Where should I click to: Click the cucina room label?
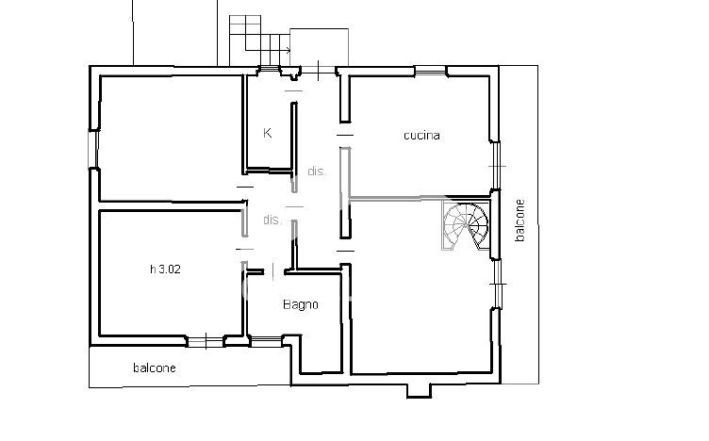point(421,135)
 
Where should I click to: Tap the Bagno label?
point(300,305)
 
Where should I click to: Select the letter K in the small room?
point(267,133)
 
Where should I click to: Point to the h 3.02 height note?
point(165,269)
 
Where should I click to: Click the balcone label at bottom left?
point(155,367)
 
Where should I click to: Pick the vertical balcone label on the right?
point(520,220)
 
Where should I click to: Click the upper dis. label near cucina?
point(317,171)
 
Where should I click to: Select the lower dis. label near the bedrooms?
point(272,220)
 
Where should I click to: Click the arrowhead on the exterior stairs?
point(289,50)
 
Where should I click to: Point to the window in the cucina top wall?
point(431,71)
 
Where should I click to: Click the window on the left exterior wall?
point(93,149)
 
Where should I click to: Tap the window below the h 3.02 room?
point(206,341)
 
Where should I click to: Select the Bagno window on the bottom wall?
point(266,341)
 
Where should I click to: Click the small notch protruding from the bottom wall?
point(419,390)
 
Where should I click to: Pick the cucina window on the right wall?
point(497,166)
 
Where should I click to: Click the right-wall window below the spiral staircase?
point(498,284)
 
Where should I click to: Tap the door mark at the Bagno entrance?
point(273,271)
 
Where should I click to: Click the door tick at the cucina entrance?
point(344,135)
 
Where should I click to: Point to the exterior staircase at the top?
point(259,41)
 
